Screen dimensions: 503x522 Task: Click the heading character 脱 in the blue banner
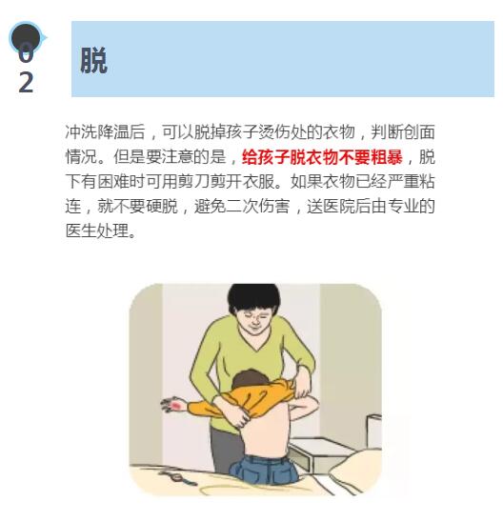[93, 60]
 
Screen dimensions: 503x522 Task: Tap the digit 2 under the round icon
[26, 82]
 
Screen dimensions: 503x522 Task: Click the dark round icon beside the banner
[26, 37]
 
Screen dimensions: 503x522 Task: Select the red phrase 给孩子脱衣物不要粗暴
[322, 157]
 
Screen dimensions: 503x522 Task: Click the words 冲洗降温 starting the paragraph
[97, 132]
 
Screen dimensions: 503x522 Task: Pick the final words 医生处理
[97, 231]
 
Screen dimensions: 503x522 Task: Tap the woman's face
[254, 320]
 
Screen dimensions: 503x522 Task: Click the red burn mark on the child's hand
[176, 406]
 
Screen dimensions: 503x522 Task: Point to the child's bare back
[267, 432]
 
